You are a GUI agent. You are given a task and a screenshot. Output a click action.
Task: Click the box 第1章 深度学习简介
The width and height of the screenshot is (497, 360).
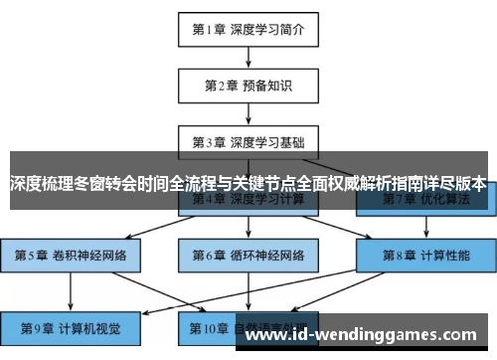click(x=248, y=29)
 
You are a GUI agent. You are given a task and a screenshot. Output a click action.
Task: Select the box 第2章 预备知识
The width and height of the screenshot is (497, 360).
click(x=248, y=85)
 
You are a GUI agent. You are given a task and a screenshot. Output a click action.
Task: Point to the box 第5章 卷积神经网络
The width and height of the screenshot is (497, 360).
click(x=71, y=255)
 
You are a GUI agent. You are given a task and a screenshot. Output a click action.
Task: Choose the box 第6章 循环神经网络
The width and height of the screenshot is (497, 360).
click(x=248, y=255)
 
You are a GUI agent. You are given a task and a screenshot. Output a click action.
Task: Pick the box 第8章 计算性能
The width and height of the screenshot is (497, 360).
click(x=424, y=255)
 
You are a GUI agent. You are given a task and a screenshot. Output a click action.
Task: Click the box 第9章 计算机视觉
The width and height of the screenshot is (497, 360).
click(x=71, y=326)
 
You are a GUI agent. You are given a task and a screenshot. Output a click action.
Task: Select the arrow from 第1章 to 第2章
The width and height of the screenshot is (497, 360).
click(x=248, y=57)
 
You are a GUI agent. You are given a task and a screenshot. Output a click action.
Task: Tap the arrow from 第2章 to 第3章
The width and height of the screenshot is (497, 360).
click(x=248, y=112)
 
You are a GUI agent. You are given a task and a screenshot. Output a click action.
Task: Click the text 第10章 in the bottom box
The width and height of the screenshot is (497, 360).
click(x=204, y=326)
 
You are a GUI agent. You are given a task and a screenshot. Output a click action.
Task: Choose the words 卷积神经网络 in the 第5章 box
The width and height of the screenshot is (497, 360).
click(x=90, y=255)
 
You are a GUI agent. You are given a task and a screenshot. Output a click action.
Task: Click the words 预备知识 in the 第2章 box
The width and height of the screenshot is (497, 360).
click(x=268, y=85)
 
